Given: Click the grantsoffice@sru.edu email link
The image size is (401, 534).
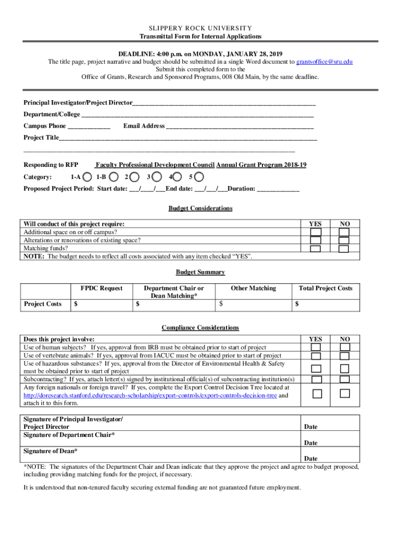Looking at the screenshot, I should coord(324,62).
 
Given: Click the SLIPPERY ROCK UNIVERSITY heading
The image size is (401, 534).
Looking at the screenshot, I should coord(200,28).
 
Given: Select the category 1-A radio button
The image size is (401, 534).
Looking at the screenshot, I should coord(89,177).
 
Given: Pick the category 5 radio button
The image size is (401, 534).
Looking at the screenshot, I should coord(198,177).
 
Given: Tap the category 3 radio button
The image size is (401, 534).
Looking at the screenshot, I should coord(158,177).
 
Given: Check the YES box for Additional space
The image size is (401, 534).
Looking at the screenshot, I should coord(316,232).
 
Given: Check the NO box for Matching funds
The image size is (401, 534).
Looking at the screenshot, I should coord(343,249).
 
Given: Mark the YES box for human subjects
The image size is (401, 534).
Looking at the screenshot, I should coord(316,347).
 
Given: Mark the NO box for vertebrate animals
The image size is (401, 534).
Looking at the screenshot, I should coord(343,356).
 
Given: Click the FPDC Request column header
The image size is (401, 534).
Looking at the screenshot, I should coord(102,288).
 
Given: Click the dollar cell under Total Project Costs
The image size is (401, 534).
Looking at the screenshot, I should coord(325,304).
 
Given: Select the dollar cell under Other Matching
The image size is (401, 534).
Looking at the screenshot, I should coord(253,304).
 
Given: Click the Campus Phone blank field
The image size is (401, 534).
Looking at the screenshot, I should coord(89,126).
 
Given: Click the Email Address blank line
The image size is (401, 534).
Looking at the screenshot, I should coord(240,126).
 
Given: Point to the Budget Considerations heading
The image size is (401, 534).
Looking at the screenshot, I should coord(200,209).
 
